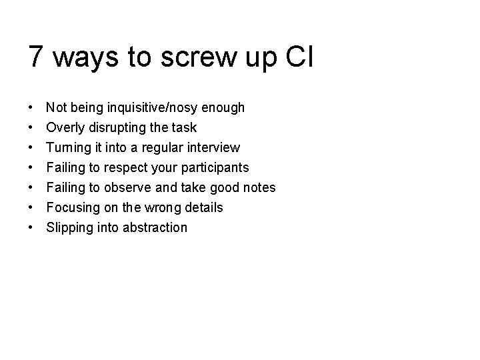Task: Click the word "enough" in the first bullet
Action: click(223, 107)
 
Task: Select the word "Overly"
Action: click(65, 127)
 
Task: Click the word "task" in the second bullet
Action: click(185, 127)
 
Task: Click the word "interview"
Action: click(213, 147)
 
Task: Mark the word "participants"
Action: click(215, 167)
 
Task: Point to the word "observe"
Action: click(129, 187)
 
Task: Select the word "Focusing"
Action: click(71, 207)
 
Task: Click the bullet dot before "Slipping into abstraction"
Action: click(31, 227)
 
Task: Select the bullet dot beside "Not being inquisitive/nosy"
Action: click(31, 107)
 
